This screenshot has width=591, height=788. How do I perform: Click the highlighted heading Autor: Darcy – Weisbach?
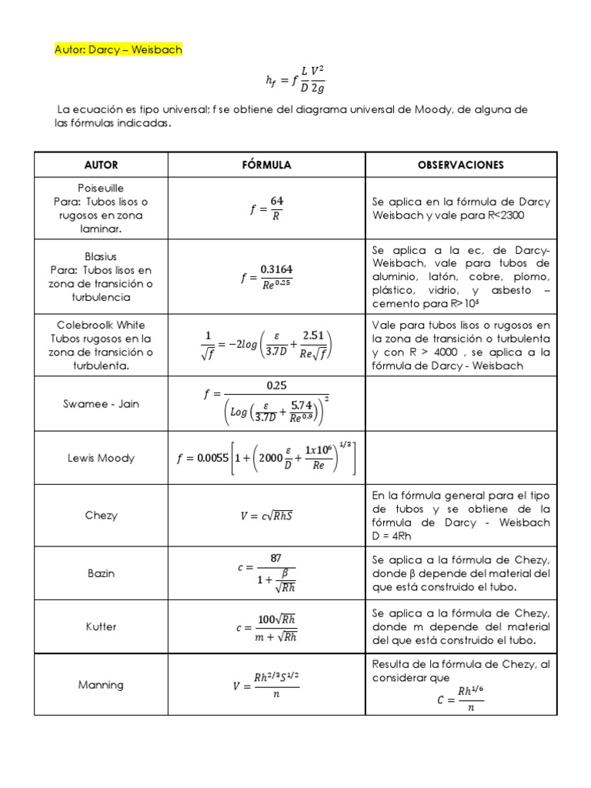(x=119, y=50)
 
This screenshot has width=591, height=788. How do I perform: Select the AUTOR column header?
(x=101, y=165)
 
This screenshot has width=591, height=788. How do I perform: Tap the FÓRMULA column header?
(x=266, y=165)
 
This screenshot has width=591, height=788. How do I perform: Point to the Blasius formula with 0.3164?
(x=266, y=276)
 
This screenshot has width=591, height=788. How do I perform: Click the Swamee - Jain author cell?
(x=101, y=403)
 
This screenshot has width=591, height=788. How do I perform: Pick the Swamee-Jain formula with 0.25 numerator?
(x=266, y=403)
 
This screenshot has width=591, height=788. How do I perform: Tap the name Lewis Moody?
(x=101, y=458)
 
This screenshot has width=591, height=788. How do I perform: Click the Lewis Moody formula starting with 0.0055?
(x=266, y=458)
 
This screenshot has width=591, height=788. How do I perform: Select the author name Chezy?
(x=101, y=516)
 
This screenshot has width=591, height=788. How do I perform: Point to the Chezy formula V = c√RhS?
(x=266, y=516)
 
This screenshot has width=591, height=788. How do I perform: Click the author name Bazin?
(x=101, y=573)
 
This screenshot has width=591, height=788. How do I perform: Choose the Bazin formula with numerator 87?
(x=266, y=573)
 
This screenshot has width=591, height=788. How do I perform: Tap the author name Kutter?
(x=101, y=626)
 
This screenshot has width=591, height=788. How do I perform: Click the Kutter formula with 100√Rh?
(x=266, y=627)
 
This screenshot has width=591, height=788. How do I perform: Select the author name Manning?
(x=101, y=684)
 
